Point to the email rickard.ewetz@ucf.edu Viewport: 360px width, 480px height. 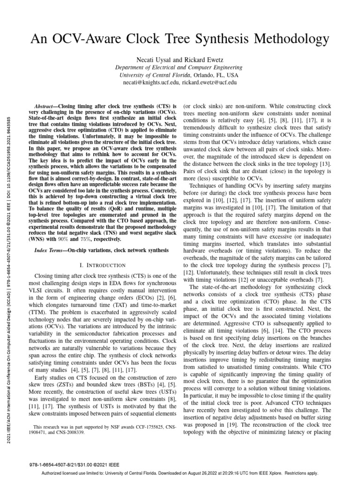tap(209, 82)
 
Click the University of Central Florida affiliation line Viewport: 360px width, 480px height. tap(179, 74)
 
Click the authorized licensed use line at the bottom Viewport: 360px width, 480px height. tap(180, 473)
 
